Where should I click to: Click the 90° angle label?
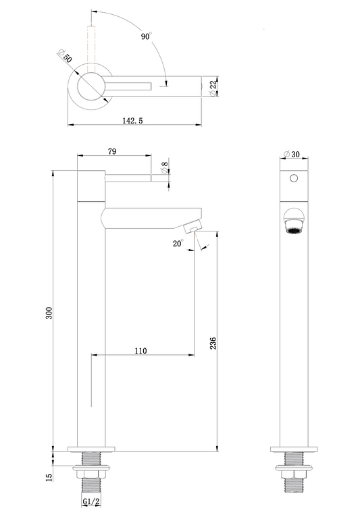point(147,36)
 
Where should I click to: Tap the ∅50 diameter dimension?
point(65,57)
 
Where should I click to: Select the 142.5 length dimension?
point(132,120)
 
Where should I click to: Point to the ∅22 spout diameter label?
point(213,88)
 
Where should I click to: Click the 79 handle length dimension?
point(112,151)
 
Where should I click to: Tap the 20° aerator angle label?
point(178,244)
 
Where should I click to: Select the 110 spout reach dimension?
point(140,350)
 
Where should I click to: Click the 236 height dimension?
point(213,343)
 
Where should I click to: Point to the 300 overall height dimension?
point(49,313)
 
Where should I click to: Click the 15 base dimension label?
point(49,477)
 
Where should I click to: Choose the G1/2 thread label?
point(91,501)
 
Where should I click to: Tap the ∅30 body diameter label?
point(292,154)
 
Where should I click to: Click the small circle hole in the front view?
point(294,178)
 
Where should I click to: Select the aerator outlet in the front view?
point(294,230)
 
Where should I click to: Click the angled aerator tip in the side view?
point(192,227)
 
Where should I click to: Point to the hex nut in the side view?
point(91,474)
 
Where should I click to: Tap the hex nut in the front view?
point(294,474)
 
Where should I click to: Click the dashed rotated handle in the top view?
point(91,49)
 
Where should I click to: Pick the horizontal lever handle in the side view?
point(128,177)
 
